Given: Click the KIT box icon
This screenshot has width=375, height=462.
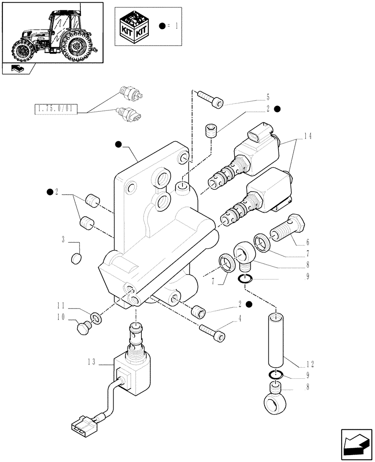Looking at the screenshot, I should click(134, 26).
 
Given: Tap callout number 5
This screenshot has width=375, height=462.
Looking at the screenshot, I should click(267, 97).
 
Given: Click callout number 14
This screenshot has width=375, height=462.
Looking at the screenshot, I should click(308, 136).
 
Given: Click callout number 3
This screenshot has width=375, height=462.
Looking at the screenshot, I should click(63, 239).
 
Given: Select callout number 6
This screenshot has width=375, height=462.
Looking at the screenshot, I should click(307, 242).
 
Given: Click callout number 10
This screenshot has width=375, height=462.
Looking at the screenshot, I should click(60, 318).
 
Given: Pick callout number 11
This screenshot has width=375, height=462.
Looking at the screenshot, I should click(60, 305).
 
